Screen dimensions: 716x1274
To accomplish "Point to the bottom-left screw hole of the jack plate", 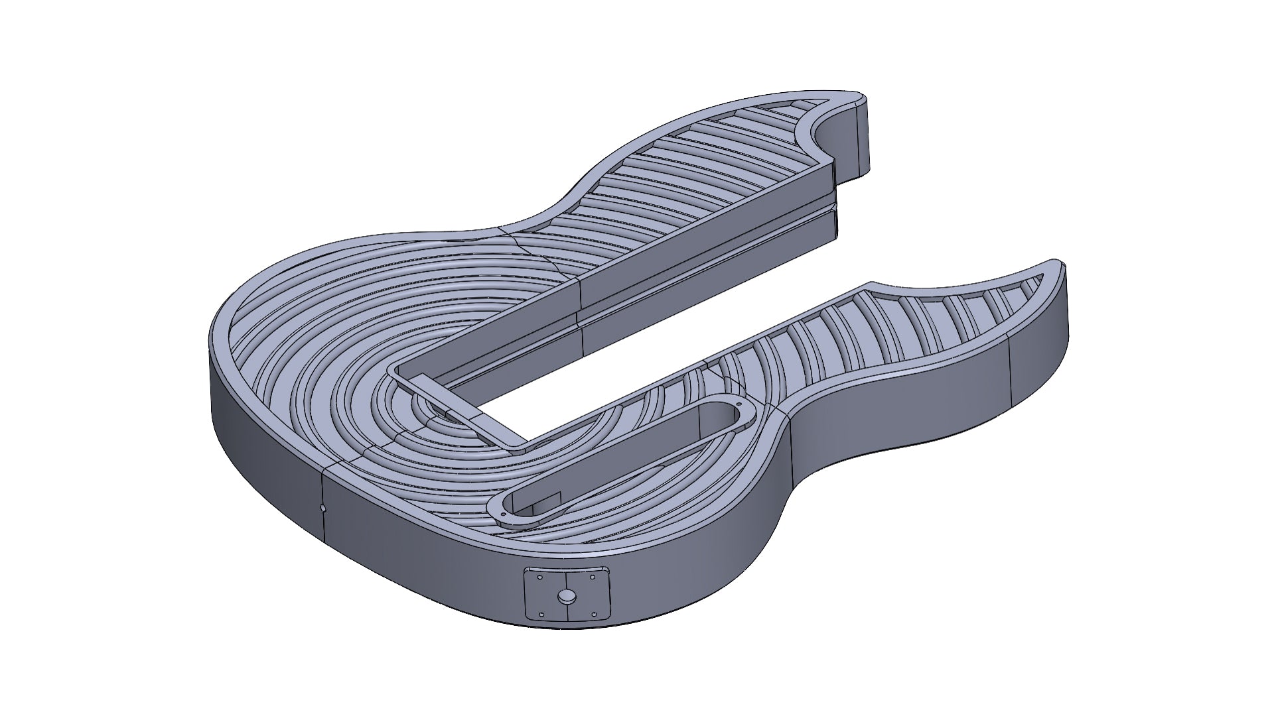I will (541, 615).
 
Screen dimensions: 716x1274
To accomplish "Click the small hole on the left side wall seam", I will (322, 508).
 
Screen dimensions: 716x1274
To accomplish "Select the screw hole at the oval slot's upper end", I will (738, 403).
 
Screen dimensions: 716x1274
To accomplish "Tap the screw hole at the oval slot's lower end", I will (504, 513).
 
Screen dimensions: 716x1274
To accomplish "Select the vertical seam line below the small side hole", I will (324, 530).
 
